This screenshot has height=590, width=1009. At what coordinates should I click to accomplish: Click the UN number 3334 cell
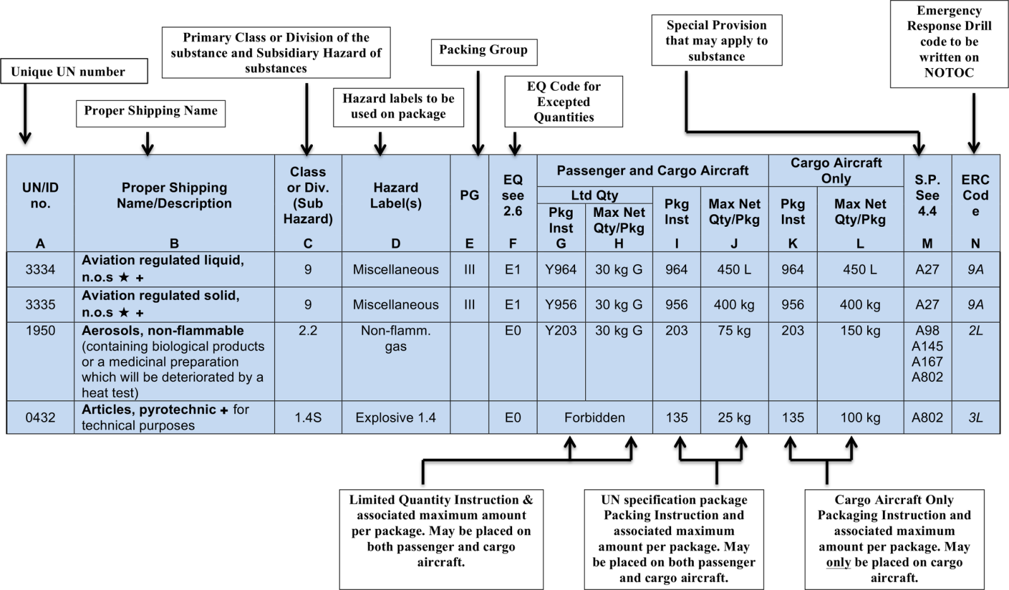point(40,269)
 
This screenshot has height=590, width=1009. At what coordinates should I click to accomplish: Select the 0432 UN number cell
point(40,417)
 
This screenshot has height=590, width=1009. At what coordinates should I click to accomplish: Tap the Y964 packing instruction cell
point(561,269)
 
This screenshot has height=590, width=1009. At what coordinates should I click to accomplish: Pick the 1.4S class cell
point(308,417)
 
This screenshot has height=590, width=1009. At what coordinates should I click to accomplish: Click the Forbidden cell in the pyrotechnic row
point(595,417)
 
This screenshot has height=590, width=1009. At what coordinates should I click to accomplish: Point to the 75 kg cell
point(734,330)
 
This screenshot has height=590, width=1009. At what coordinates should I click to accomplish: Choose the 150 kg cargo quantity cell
point(860,330)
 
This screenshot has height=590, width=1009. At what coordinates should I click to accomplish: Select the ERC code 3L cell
point(976,417)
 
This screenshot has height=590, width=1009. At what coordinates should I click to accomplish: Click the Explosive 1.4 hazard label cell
point(395,417)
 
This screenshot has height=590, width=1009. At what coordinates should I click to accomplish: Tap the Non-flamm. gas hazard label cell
point(395,338)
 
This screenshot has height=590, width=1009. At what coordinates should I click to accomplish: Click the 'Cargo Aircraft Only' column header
point(836,170)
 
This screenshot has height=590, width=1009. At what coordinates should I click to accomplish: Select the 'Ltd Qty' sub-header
point(595,195)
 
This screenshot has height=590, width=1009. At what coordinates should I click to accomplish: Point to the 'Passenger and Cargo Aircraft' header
point(653,170)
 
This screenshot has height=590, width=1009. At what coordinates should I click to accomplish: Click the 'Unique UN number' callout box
point(74,71)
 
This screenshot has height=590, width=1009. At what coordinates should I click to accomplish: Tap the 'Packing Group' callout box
point(484,52)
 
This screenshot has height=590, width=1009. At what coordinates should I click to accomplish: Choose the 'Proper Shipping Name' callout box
point(151,113)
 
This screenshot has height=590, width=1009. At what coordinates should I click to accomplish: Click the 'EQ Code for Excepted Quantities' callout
point(564,101)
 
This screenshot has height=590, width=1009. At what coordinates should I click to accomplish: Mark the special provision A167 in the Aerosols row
point(927,362)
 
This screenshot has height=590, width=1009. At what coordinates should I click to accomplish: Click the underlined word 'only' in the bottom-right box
point(838,562)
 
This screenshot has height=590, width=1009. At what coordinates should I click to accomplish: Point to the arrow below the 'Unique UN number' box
point(25,113)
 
